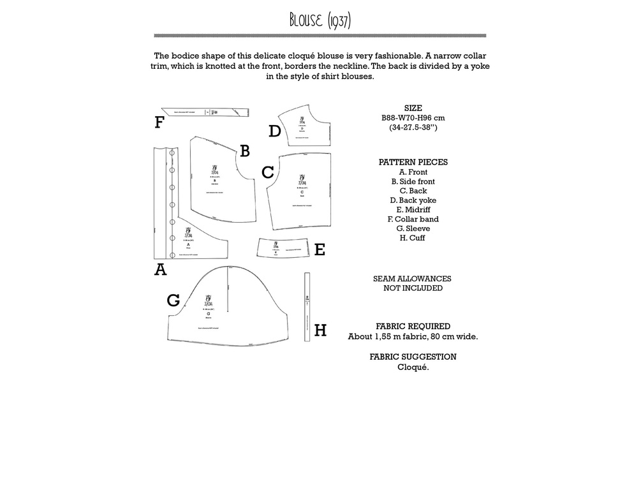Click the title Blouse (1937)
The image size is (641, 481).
point(320,20)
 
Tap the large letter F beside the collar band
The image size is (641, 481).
point(159,122)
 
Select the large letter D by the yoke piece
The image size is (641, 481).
point(274,131)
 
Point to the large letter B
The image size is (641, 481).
point(244,151)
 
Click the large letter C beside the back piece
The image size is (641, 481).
point(268,172)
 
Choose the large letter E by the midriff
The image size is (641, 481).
point(320,250)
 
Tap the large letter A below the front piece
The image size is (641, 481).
point(160,270)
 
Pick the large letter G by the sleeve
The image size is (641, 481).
point(173,300)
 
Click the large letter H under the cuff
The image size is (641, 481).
point(320,330)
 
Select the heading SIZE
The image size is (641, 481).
point(413,108)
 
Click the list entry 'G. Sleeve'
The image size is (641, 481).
point(413,228)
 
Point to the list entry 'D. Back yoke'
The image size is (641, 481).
point(413,200)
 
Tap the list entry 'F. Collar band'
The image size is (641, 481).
point(413,219)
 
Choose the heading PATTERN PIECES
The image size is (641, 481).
point(413,162)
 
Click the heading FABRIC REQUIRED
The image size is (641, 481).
point(413,327)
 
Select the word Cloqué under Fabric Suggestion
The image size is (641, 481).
point(413,367)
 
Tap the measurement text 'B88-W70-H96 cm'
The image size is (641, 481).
point(413,118)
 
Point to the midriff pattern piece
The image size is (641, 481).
point(282,248)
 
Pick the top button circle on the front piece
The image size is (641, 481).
point(172,154)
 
